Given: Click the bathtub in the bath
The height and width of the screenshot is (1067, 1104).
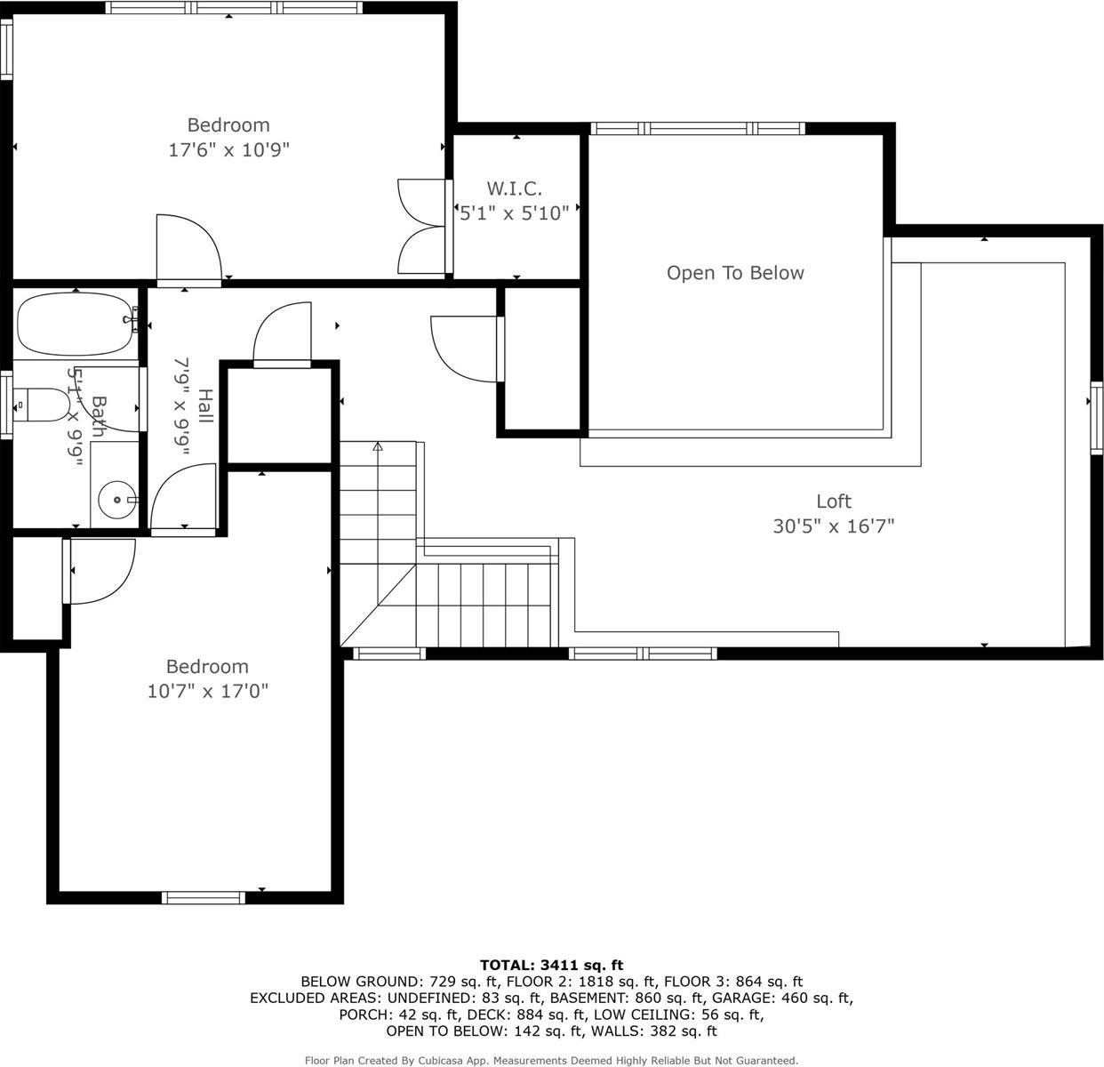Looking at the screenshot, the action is [76, 324].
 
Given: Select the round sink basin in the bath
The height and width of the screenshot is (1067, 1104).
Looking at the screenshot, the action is [117, 500].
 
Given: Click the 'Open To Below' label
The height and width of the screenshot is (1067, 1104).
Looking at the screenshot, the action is [735, 273].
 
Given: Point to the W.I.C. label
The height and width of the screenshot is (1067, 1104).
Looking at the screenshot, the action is [514, 188].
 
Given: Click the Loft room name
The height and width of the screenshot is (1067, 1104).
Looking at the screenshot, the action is [834, 501].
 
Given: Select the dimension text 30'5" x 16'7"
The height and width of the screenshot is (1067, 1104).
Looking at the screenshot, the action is [834, 526].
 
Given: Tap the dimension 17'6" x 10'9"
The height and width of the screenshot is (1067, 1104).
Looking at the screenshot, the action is [229, 150].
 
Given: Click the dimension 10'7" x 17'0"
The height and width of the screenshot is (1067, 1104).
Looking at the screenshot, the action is [208, 691].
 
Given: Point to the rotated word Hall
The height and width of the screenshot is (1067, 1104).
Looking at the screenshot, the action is [205, 405].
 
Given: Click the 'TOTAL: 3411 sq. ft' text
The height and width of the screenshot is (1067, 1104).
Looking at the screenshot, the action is [551, 965].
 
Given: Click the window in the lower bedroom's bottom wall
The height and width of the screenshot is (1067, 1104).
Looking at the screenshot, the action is [204, 897].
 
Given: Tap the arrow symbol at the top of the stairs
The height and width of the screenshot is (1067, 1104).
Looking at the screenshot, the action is [378, 446].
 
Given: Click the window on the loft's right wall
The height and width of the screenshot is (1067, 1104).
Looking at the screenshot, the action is [1097, 418].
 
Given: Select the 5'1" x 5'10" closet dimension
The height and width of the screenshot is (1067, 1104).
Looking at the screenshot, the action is [514, 213].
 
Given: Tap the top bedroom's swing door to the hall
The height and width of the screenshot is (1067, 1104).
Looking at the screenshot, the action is [189, 250].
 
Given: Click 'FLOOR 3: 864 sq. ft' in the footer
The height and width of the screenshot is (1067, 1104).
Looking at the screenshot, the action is [733, 982].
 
